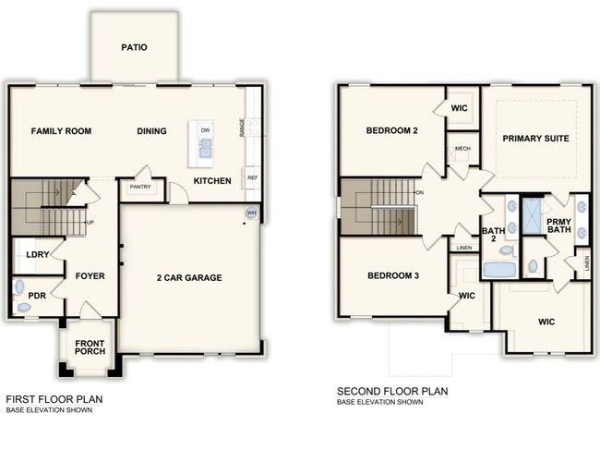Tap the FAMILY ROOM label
(x=61, y=131)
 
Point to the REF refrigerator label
(x=251, y=176)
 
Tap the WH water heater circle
(x=251, y=213)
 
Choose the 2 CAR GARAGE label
(x=187, y=277)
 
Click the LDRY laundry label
(x=38, y=254)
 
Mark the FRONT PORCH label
(x=90, y=349)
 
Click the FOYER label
(x=90, y=275)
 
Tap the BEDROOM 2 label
(x=392, y=131)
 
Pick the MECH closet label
(x=462, y=149)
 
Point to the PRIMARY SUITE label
(x=535, y=139)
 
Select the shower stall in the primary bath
(x=534, y=215)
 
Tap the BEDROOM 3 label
(x=393, y=275)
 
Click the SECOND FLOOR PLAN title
(x=392, y=391)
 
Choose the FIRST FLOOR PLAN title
(x=54, y=399)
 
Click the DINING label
(x=152, y=131)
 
